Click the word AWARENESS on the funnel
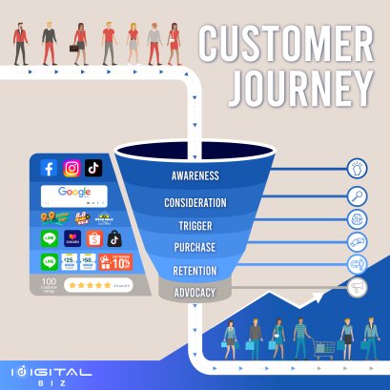195,176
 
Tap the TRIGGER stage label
195,226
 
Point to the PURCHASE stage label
195,248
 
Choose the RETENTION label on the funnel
195,271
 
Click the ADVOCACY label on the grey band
195,292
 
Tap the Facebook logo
49,168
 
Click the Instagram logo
72,168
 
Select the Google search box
74,194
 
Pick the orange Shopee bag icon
92,237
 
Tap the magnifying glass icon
359,197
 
